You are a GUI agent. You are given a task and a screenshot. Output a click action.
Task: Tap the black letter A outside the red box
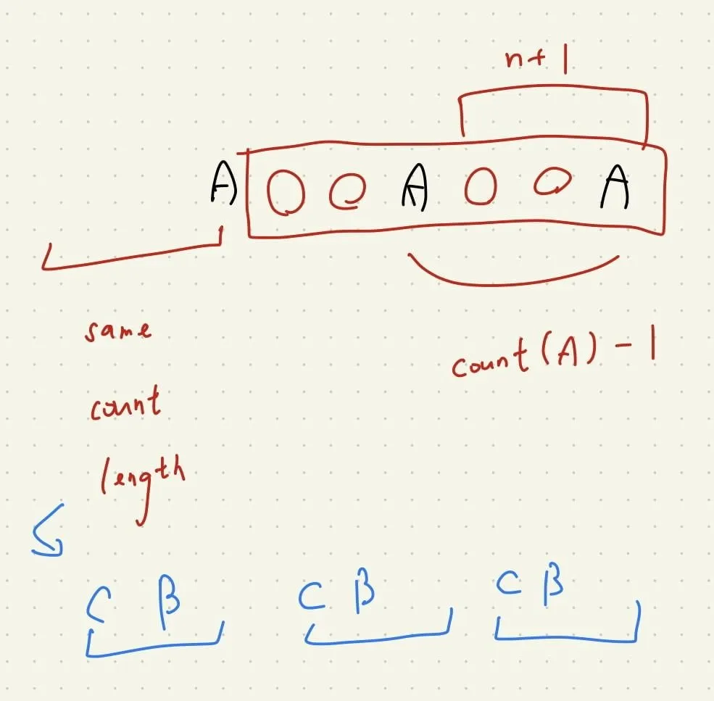click(x=223, y=182)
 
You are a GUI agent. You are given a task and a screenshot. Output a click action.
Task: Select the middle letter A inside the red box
click(x=415, y=186)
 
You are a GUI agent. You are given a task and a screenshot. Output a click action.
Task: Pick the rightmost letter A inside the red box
click(x=615, y=186)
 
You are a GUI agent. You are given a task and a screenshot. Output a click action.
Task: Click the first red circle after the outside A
click(x=286, y=192)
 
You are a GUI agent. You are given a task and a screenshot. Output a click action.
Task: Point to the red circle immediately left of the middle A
click(x=347, y=191)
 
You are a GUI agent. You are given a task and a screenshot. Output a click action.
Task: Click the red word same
click(x=118, y=331)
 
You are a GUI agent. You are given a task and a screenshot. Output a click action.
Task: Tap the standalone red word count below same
click(x=125, y=404)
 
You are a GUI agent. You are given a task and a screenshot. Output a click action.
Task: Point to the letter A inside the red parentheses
click(x=568, y=352)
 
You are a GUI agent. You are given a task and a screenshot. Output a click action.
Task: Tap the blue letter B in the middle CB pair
click(x=365, y=590)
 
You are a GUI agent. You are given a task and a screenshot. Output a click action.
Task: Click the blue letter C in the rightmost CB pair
click(x=509, y=584)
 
